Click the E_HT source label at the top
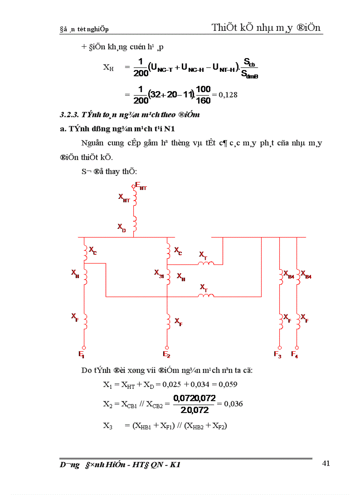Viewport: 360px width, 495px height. click(141, 186)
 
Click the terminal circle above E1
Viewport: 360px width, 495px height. click(84, 347)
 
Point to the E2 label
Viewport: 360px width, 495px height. click(166, 354)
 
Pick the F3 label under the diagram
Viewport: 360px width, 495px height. click(277, 354)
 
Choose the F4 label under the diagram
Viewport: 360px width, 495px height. click(294, 354)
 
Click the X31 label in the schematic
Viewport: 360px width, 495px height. click(159, 273)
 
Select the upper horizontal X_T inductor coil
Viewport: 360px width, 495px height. click(205, 264)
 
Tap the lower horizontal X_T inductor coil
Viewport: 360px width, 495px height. click(205, 296)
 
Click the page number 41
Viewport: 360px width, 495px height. click(326, 463)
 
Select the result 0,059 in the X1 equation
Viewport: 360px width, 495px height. click(228, 384)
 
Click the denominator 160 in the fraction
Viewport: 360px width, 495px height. click(203, 100)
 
